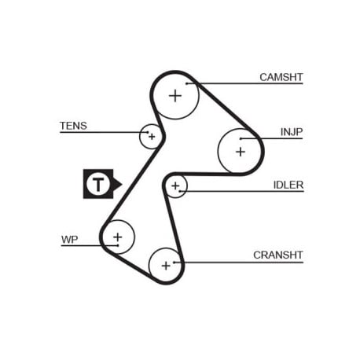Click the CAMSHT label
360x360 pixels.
point(281,77)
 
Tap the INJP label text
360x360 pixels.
point(292,132)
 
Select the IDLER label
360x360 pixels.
point(288,185)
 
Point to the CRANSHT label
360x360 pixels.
point(278,255)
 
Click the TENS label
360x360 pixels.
point(73,126)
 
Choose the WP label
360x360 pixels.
point(69,240)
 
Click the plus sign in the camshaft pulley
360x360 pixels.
point(175,96)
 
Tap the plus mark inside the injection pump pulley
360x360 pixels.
point(241,152)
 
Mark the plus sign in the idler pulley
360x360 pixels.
point(175,186)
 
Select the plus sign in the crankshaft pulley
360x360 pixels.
point(166,266)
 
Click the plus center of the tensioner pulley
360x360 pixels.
point(152,136)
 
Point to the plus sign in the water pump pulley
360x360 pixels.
point(118,237)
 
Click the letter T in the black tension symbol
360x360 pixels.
point(98,184)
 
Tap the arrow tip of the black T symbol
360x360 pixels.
point(122,184)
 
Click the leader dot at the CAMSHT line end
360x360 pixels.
point(187,83)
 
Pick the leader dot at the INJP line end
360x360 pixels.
point(241,138)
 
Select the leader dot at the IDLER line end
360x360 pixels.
point(180,191)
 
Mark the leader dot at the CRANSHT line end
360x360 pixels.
point(174,262)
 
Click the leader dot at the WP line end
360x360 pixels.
point(118,245)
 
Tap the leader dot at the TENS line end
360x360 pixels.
point(148,132)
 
